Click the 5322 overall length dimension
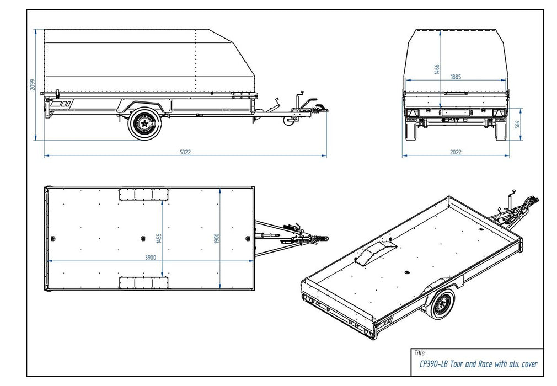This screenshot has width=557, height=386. (x=185, y=152)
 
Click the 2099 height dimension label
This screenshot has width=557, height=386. (x=33, y=84)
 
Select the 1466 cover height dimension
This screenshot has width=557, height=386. (x=437, y=69)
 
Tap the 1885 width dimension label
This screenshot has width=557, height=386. (x=456, y=76)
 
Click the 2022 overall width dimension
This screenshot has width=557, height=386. (x=456, y=152)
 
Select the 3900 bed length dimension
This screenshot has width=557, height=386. (x=149, y=257)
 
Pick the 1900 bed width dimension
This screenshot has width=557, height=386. (x=218, y=239)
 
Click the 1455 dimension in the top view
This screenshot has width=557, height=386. (x=159, y=239)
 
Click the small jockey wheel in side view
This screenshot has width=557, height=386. (x=288, y=120)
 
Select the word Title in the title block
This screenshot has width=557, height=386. (x=419, y=352)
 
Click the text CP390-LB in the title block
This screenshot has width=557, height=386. (x=433, y=363)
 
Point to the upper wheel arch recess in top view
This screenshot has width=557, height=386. (x=144, y=194)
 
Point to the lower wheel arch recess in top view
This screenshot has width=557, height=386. (x=144, y=283)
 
